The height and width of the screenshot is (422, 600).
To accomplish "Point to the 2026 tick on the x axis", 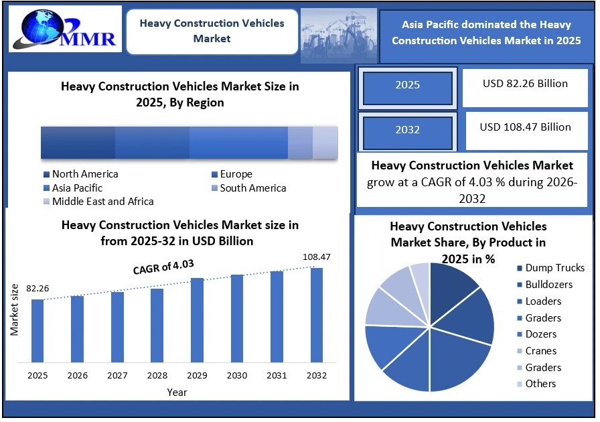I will [78, 376].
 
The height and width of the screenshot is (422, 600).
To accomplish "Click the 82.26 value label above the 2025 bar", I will [37, 289].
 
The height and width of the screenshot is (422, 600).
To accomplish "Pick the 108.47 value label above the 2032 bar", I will [317, 257].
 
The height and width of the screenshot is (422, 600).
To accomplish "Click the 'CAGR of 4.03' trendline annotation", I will [159, 269].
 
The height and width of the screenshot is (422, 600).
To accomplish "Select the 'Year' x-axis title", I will [177, 392].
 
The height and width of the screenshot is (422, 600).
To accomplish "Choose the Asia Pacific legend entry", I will [77, 188].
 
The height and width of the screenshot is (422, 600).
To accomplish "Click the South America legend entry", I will [252, 188].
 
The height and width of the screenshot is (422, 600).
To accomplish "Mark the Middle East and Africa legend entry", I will [102, 201].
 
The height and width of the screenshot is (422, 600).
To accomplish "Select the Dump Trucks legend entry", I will [554, 268].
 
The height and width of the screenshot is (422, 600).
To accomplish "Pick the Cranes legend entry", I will [540, 351].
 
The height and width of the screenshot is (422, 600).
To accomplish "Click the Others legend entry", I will [540, 384].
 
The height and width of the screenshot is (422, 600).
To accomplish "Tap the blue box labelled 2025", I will [407, 85].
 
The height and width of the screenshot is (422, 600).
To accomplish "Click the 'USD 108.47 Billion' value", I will [525, 127].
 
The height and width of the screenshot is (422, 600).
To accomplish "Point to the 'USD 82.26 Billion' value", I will [525, 84].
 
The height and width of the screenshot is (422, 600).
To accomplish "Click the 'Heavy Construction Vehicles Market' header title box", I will [212, 31].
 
